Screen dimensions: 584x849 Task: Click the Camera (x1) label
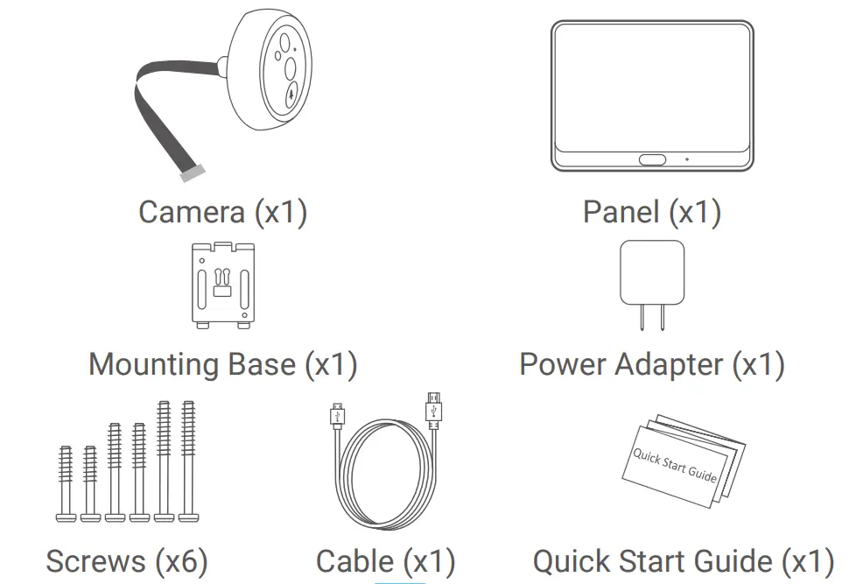click(x=223, y=212)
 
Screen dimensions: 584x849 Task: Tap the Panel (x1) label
click(x=651, y=212)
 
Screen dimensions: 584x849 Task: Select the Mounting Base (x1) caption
click(x=223, y=364)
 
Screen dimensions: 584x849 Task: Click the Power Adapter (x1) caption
click(x=651, y=364)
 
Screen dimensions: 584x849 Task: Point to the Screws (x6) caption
click(x=127, y=561)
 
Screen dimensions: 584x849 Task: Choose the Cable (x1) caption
click(x=385, y=561)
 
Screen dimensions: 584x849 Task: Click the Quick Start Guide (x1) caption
click(x=683, y=561)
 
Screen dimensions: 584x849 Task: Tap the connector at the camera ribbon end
click(x=191, y=176)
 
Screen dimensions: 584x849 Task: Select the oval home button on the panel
click(x=651, y=159)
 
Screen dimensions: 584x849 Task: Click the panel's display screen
click(x=651, y=85)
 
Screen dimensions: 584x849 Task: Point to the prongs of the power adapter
click(x=651, y=317)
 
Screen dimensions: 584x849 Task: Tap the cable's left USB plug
click(x=336, y=415)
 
